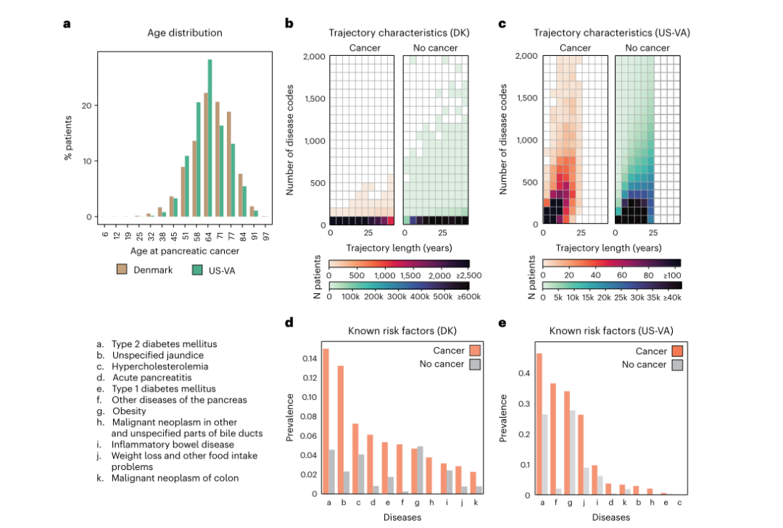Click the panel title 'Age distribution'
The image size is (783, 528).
tap(185, 33)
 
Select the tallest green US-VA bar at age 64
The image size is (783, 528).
tap(210, 138)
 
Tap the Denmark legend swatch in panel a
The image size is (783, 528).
tap(123, 270)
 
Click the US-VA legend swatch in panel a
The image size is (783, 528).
tap(196, 270)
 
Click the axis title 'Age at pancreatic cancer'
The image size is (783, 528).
tap(185, 251)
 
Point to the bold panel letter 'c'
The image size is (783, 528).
tap(502, 23)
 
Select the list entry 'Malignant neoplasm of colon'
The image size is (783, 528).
tap(175, 477)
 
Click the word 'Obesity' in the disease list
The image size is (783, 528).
tap(130, 411)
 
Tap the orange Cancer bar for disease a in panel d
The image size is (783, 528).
tap(326, 421)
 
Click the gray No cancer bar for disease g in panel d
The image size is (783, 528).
tap(420, 470)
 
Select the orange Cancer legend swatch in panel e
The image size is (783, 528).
tap(677, 351)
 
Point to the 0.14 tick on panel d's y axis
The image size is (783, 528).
tap(308, 359)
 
